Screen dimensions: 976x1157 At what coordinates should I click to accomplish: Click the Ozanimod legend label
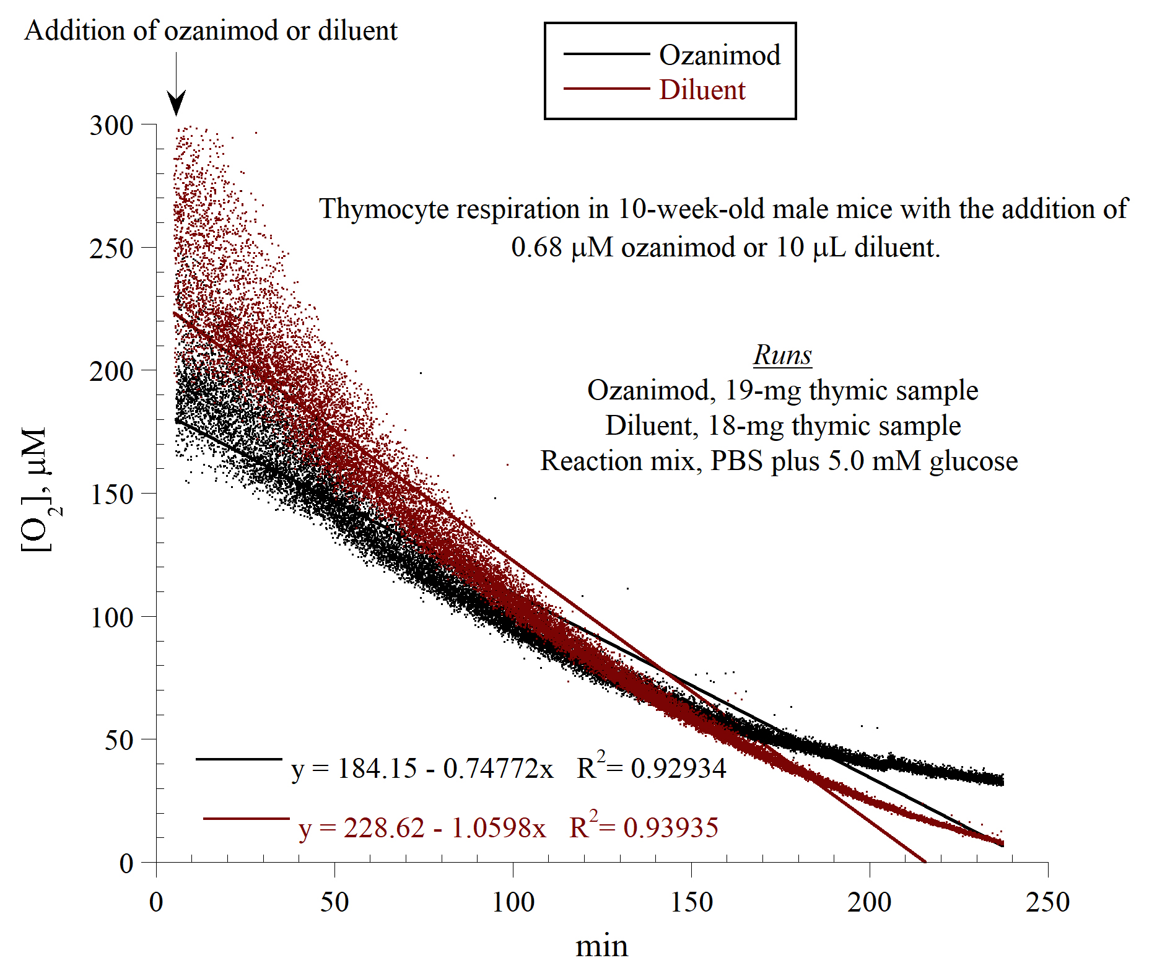point(719,55)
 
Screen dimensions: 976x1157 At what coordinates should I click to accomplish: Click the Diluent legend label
point(702,90)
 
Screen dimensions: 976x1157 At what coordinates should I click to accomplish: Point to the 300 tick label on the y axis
point(111,125)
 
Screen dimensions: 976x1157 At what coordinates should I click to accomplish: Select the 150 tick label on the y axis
point(111,494)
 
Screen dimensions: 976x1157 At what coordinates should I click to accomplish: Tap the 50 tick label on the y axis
point(119,740)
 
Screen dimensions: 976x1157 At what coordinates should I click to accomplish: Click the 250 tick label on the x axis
point(1047,902)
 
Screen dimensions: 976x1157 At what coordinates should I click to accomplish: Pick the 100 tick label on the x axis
point(513,902)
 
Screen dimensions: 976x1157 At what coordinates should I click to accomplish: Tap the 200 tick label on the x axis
point(869,902)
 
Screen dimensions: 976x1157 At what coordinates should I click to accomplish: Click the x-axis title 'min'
point(601,946)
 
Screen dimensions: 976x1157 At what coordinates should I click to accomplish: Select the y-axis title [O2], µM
point(38,489)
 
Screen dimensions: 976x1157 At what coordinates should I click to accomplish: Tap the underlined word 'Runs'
point(782,355)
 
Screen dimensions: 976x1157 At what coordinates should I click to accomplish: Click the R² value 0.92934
point(678,769)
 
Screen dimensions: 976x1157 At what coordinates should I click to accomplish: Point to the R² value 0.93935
point(671,828)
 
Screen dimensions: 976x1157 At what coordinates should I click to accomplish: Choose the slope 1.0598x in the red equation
point(499,828)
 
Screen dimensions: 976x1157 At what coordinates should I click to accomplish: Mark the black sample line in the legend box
point(606,54)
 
